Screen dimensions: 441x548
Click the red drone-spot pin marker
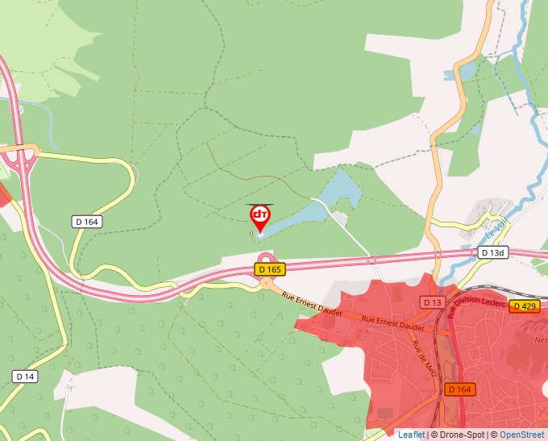click(259, 216)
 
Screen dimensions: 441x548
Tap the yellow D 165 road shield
click(270, 269)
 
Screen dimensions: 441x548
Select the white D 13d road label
click(493, 252)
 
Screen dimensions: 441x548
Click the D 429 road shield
click(524, 306)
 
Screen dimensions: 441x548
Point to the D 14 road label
click(25, 377)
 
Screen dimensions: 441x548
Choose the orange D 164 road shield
click(459, 389)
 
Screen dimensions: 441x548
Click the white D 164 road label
click(87, 222)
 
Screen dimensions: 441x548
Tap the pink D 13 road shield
click(432, 302)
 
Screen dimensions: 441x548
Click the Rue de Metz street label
click(420, 352)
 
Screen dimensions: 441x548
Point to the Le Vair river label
click(494, 231)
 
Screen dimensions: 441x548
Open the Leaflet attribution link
click(411, 435)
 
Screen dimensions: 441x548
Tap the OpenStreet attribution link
click(521, 435)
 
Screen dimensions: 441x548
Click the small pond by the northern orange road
click(467, 73)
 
